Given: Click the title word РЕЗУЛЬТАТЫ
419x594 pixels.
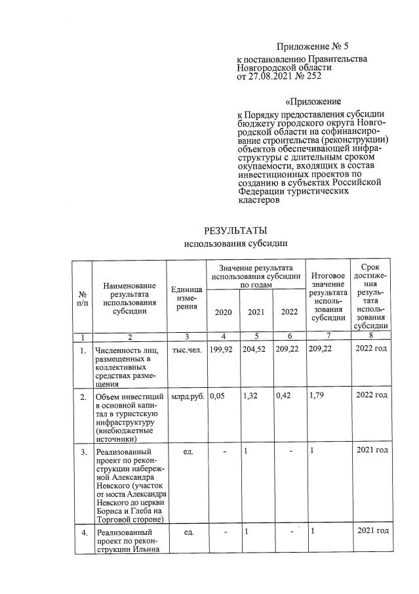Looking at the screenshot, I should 236,230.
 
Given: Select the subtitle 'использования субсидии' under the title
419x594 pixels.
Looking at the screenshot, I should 236,244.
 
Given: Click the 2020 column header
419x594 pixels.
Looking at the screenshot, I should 223,312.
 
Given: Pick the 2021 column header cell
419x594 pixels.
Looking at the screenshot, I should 256,312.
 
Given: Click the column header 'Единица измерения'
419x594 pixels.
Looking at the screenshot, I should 186,298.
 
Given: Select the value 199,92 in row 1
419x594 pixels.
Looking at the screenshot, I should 222,349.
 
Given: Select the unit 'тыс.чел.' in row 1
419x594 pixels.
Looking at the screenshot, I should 186,349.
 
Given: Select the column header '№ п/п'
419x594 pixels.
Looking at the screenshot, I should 82,298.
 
